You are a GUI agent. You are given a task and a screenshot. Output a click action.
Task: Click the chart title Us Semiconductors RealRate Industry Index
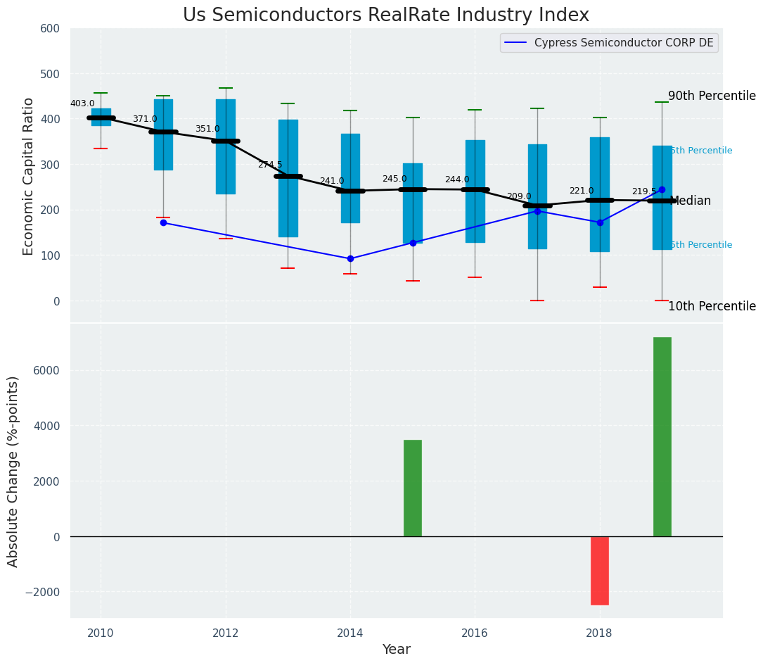(385, 15)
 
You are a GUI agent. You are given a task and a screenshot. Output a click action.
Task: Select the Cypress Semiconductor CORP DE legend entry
(623, 43)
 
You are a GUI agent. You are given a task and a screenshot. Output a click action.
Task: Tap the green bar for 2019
(662, 436)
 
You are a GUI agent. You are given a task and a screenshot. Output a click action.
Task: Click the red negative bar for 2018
(600, 570)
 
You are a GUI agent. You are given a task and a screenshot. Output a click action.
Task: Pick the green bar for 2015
(413, 488)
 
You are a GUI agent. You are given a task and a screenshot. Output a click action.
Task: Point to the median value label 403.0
(82, 103)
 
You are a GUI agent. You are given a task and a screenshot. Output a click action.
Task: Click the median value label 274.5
(270, 165)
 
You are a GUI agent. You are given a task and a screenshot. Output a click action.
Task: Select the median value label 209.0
(519, 196)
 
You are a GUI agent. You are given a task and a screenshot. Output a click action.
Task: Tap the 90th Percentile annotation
(712, 96)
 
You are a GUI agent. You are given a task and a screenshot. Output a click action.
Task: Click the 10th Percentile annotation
(712, 306)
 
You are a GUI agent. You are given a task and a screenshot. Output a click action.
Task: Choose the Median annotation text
(691, 201)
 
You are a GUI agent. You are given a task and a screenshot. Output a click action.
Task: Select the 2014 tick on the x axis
(350, 633)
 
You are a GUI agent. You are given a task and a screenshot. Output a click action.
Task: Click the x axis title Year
(396, 650)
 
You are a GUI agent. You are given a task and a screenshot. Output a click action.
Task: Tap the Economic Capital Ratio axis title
(29, 176)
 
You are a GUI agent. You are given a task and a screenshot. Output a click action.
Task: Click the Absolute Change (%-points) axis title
(13, 471)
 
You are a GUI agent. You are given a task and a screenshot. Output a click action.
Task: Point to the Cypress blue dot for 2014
(350, 258)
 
